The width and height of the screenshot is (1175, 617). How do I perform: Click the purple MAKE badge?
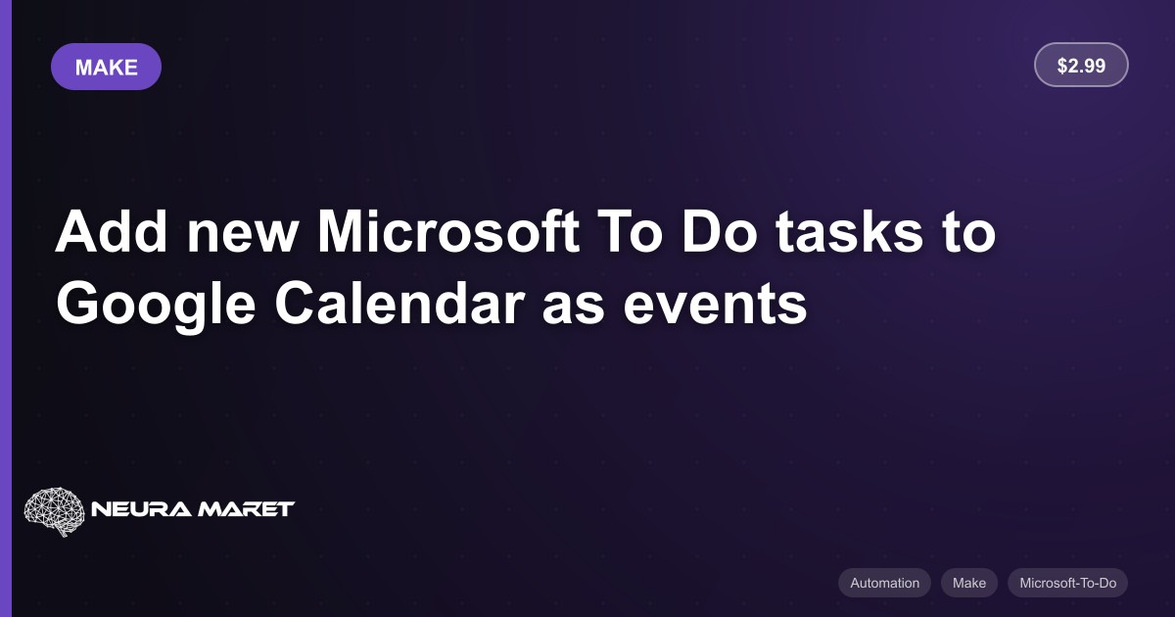(x=106, y=67)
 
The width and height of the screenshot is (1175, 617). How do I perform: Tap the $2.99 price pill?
(x=1081, y=65)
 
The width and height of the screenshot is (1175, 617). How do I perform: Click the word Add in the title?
(x=112, y=231)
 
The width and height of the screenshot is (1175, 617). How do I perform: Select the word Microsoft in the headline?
(x=448, y=231)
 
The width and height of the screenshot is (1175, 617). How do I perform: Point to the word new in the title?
(x=243, y=237)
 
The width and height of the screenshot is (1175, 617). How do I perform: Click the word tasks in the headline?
(x=849, y=233)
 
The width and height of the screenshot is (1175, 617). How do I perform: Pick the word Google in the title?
(x=157, y=306)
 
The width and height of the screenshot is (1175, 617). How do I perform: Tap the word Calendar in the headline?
(x=399, y=304)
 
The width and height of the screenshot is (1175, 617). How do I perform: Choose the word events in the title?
(x=715, y=307)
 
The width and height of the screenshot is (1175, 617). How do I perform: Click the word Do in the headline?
(x=719, y=231)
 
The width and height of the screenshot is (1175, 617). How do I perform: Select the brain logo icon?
(x=54, y=511)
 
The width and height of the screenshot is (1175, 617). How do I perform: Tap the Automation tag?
(x=884, y=583)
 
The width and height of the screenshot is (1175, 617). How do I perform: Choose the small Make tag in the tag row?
(x=968, y=583)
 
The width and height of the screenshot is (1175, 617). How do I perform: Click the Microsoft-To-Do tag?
(x=1067, y=583)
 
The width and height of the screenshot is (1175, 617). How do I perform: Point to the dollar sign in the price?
(x=1062, y=66)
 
